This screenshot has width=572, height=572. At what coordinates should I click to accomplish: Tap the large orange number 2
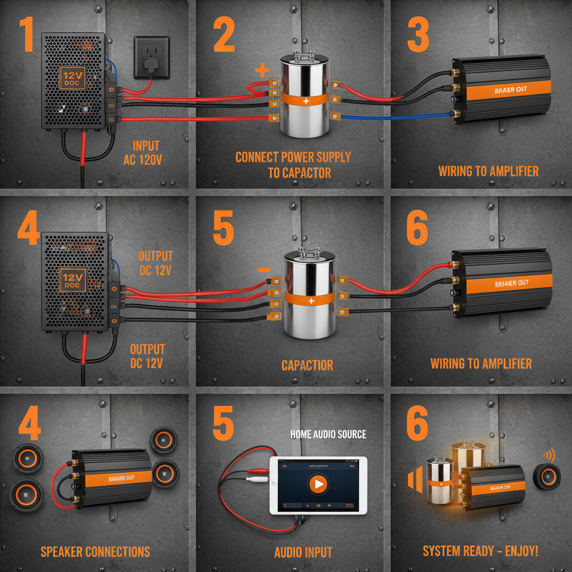pos(223,35)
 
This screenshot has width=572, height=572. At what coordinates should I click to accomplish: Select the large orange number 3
pos(418,35)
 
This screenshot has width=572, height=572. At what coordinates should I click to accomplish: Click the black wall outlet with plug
pos(151,57)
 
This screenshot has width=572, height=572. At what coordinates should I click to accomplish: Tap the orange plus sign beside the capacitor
pos(261,71)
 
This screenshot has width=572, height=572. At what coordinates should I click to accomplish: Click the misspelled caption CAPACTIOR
pos(307,366)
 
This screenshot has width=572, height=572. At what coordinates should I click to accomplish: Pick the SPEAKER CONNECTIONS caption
pos(95,552)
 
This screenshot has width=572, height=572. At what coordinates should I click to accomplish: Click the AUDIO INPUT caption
pos(303,552)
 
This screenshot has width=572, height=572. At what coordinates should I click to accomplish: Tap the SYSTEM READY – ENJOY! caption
pos(480,551)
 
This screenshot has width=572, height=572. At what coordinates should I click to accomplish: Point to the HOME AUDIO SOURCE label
pos(328,434)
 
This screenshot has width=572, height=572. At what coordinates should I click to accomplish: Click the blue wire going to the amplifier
pos(391,117)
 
